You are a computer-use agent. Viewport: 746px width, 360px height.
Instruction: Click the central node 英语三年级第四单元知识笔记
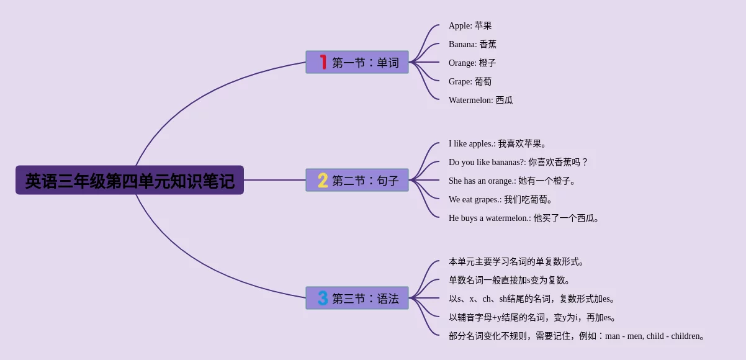point(129,180)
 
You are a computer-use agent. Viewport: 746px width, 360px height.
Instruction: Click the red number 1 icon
point(323,62)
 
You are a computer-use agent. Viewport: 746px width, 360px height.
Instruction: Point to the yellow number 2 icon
point(323,180)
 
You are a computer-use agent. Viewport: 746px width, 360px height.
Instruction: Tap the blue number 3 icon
point(323,298)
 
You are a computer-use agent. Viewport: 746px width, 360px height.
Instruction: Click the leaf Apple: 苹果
point(470,25)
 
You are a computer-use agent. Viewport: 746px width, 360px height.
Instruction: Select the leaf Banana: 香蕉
point(472,44)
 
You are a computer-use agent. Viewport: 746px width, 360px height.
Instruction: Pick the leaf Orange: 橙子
point(472,63)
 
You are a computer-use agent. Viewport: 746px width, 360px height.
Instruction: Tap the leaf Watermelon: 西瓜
point(480,100)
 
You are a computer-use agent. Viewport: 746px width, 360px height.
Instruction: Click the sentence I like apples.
point(498,143)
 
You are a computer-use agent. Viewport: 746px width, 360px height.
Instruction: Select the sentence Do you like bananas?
point(518,162)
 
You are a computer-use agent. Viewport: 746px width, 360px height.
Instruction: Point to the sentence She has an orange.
point(513,181)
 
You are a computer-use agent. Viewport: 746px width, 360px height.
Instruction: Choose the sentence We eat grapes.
point(501,199)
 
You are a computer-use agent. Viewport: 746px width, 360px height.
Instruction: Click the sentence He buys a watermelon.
point(524,218)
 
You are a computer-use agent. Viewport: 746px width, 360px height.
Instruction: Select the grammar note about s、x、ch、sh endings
point(533,299)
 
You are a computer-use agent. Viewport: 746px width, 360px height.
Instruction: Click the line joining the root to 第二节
point(274,180)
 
